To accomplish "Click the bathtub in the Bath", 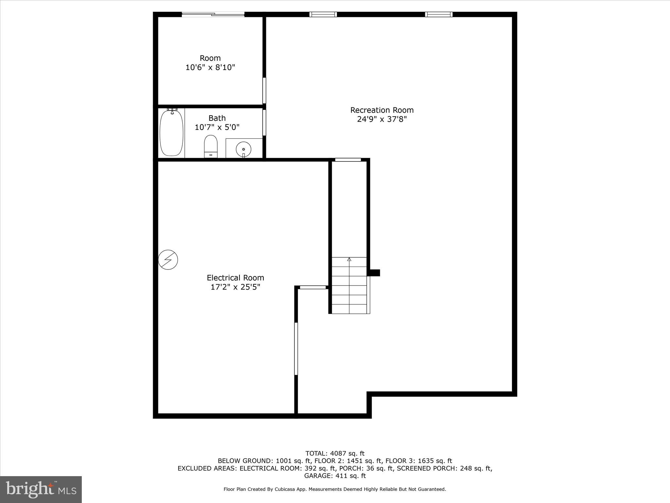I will pyautogui.click(x=171, y=133).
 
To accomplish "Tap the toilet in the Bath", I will pyautogui.click(x=211, y=146).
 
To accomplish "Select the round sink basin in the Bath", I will pyautogui.click(x=243, y=149).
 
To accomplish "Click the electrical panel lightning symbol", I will pyautogui.click(x=168, y=260).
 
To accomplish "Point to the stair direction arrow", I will pyautogui.click(x=349, y=259).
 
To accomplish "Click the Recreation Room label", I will pyautogui.click(x=382, y=110).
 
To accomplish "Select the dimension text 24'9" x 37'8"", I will pyautogui.click(x=382, y=119).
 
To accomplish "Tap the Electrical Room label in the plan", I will pyautogui.click(x=235, y=278).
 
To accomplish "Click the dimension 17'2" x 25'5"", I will pyautogui.click(x=235, y=287).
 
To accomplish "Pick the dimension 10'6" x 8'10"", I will pyautogui.click(x=210, y=67).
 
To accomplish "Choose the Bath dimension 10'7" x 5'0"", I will pyautogui.click(x=217, y=127).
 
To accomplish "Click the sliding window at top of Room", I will pyautogui.click(x=213, y=14).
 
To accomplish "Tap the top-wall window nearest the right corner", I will pyautogui.click(x=439, y=14).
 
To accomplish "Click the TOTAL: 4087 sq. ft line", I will pyautogui.click(x=335, y=454).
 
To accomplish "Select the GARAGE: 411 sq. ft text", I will pyautogui.click(x=335, y=476).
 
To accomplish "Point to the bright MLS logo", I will pyautogui.click(x=41, y=489).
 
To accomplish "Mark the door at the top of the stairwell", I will pyautogui.click(x=348, y=160).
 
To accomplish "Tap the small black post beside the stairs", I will pyautogui.click(x=375, y=273).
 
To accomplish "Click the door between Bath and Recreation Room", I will pyautogui.click(x=264, y=122).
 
